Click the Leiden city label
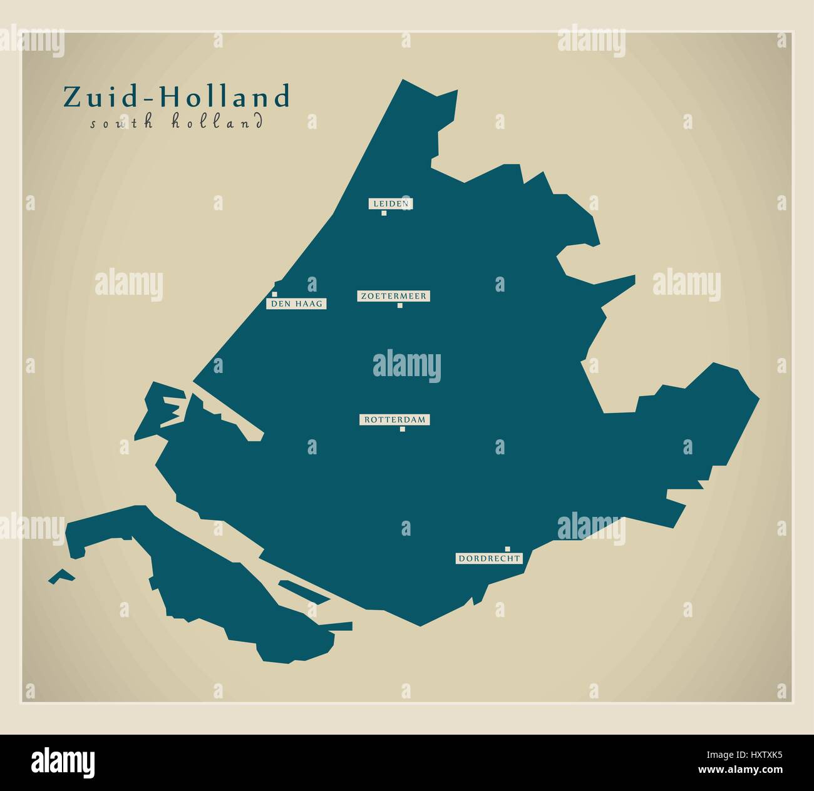390,203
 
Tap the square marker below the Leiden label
384,213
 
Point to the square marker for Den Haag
274,293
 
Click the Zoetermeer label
393,296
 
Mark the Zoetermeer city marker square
399,305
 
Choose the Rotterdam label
394,419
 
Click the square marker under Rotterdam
402,429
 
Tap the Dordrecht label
489,558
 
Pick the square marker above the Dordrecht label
507,548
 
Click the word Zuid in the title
105,98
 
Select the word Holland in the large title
225,98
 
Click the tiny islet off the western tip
61,576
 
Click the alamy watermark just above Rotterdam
406,367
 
